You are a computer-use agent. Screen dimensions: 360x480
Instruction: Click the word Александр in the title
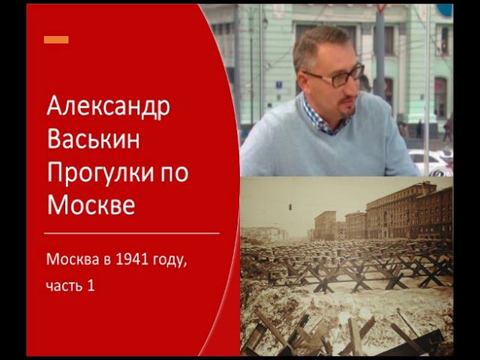109,107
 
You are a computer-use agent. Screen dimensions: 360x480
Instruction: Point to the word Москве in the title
91,204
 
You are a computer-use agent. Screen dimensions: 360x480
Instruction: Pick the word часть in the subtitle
65,286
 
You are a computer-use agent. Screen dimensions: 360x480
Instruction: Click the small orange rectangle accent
56,40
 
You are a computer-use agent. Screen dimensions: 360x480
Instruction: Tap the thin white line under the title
131,233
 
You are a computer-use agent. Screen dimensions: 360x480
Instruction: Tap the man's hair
319,41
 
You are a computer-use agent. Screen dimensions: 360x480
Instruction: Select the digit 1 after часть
91,286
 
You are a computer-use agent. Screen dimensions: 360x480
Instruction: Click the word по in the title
173,172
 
